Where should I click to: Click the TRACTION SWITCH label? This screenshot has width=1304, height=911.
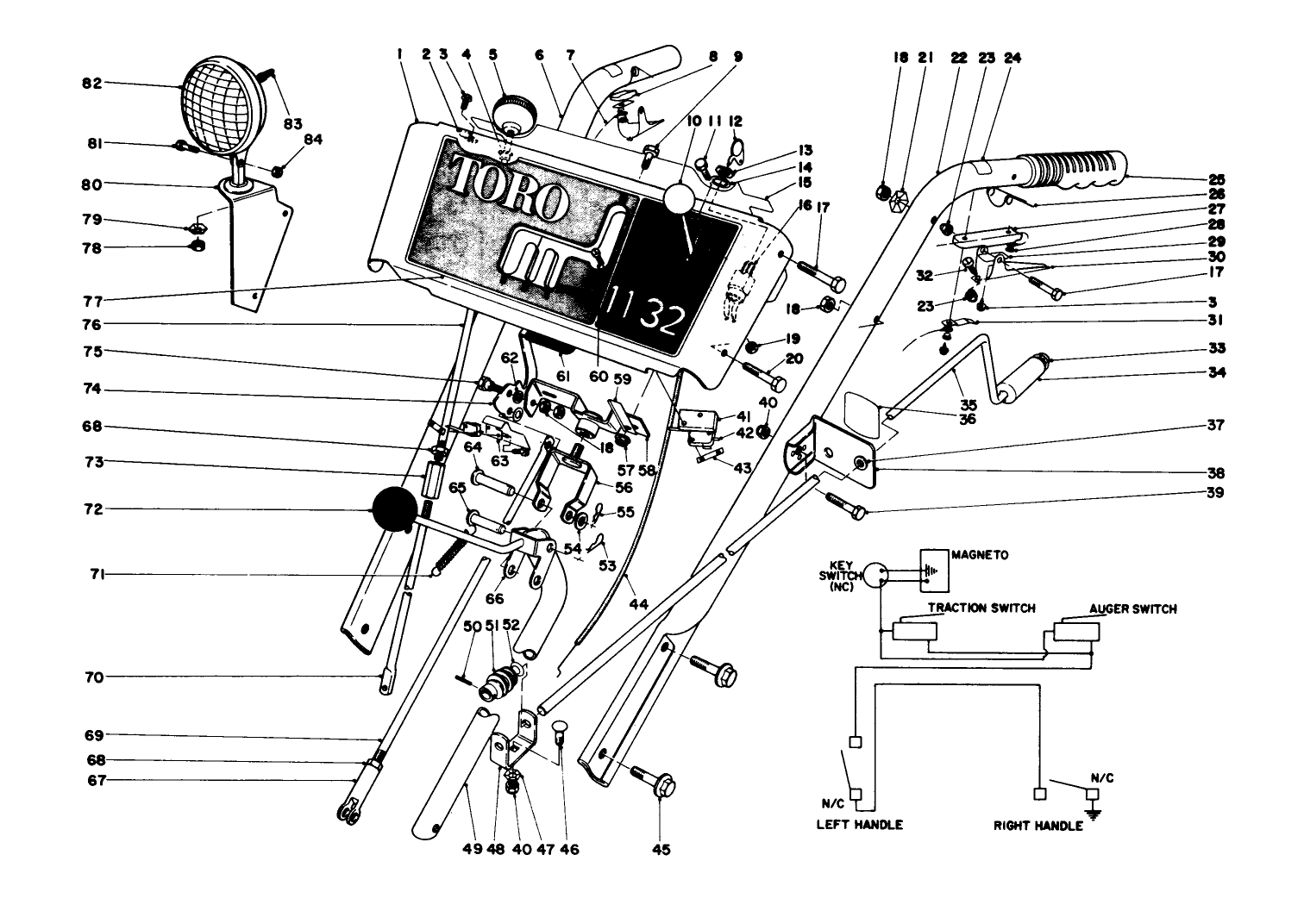[981, 608]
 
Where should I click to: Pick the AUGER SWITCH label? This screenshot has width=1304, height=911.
[1132, 608]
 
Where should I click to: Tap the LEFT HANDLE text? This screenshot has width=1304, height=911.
[859, 824]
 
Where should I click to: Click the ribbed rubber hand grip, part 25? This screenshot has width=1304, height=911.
[1069, 172]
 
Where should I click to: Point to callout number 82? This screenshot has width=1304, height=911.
[91, 84]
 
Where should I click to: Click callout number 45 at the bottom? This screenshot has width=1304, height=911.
[661, 849]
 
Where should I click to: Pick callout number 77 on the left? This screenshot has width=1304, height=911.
[91, 302]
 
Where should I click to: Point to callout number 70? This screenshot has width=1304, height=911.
[93, 677]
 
